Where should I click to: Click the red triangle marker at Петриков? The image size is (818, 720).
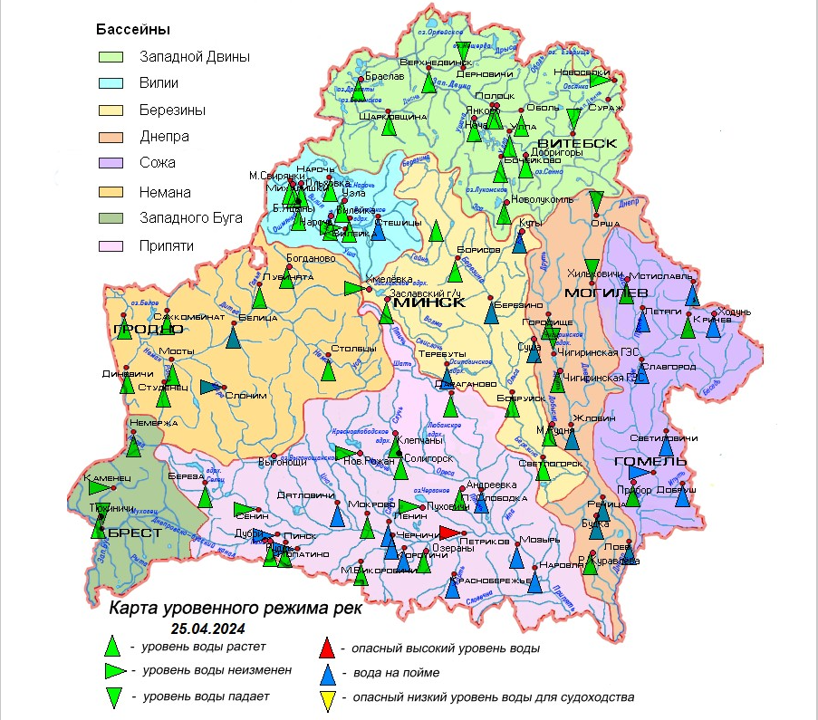tap(450, 533)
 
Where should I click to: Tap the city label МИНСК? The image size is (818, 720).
tap(429, 302)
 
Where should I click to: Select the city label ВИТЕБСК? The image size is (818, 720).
tap(577, 143)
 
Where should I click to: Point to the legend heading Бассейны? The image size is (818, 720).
tap(133, 29)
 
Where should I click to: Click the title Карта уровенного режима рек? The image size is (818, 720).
tap(235, 608)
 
